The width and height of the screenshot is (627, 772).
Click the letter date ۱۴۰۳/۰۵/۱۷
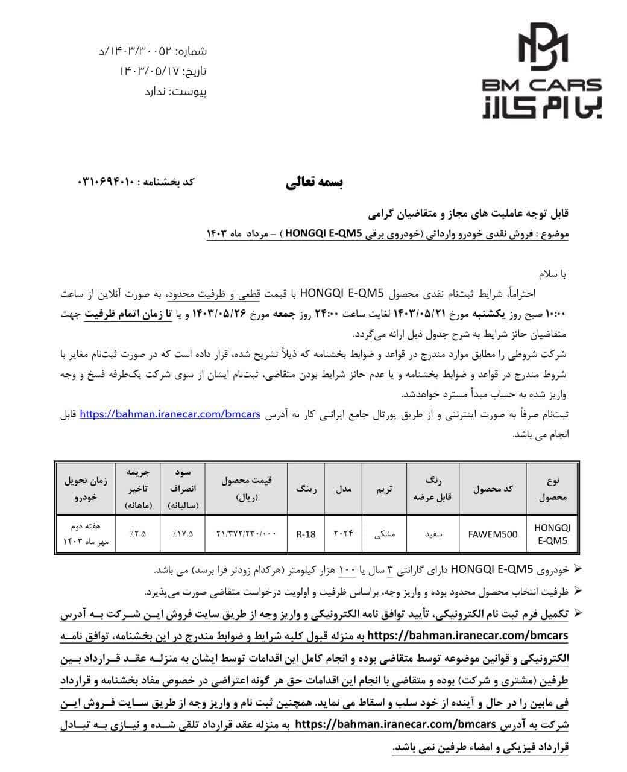(x=150, y=71)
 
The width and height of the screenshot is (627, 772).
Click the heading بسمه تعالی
(x=314, y=183)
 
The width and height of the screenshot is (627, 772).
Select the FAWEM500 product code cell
(x=493, y=534)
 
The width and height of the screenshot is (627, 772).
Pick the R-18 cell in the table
(x=306, y=534)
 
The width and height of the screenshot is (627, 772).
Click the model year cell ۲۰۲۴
(x=343, y=534)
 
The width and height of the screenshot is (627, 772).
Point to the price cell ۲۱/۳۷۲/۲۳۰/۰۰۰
(x=246, y=534)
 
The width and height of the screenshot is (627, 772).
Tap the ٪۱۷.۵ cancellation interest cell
(x=182, y=534)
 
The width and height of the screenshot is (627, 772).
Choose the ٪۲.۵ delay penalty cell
(x=138, y=534)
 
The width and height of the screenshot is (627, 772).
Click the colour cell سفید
(x=432, y=534)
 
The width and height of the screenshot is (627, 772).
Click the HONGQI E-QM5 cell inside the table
(x=552, y=534)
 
